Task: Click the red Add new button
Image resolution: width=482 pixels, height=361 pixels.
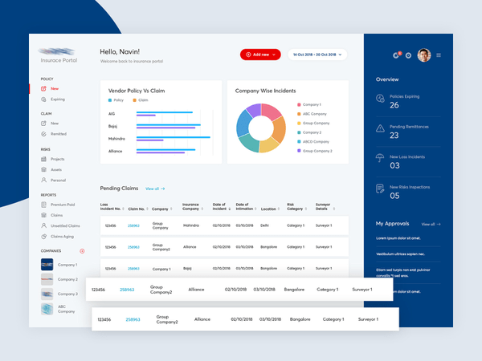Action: click(x=260, y=55)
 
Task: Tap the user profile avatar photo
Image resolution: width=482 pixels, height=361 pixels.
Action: click(x=424, y=55)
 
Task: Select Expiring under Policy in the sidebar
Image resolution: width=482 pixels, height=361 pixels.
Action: click(x=58, y=99)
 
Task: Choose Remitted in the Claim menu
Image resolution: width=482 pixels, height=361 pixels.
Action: click(x=58, y=134)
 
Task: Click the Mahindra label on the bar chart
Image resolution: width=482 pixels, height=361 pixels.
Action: click(x=116, y=139)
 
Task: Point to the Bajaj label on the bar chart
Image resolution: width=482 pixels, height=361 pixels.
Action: click(x=112, y=126)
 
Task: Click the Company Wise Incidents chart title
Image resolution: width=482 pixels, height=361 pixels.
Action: click(x=265, y=91)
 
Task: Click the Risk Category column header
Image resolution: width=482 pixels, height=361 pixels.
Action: click(x=294, y=207)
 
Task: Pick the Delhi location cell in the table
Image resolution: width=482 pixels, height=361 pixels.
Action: click(x=265, y=226)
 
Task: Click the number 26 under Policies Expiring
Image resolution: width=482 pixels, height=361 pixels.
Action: click(x=394, y=105)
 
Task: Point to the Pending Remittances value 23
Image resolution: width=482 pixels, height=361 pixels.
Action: click(x=394, y=136)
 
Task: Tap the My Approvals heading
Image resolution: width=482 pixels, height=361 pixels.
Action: click(x=392, y=224)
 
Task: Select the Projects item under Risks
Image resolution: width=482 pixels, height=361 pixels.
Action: click(x=58, y=159)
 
